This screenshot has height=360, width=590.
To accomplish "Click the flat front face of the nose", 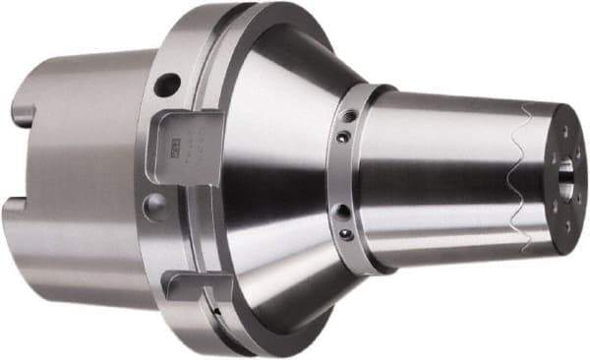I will (x=568, y=197).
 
